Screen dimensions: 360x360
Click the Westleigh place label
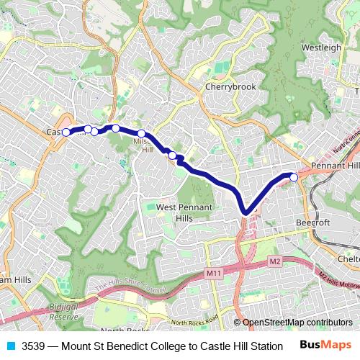(x=321, y=48)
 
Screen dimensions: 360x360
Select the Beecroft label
(x=313, y=223)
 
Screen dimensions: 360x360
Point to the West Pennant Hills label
(x=184, y=212)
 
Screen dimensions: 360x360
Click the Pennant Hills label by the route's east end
(x=333, y=166)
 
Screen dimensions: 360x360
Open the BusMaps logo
(x=327, y=346)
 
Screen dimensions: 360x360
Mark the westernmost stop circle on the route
(x=66, y=132)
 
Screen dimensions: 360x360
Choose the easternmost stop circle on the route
(x=294, y=176)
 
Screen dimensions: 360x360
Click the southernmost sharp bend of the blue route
(x=246, y=211)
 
